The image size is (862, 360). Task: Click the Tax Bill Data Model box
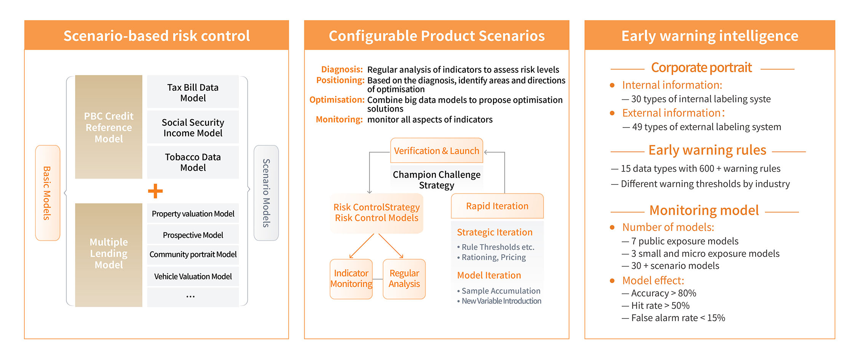pos(193,92)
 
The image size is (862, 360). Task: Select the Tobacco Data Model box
pos(193,162)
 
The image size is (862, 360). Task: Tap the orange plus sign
pos(155,191)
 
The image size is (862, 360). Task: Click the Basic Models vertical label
pos(48,193)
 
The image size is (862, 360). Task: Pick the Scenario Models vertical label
pos(266,193)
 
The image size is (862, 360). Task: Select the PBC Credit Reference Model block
pos(109,127)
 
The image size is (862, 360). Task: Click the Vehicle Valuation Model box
pos(193,277)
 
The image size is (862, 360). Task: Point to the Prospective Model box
pos(193,235)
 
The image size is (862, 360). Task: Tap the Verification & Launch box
pos(436,151)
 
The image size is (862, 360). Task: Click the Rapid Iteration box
pos(497,206)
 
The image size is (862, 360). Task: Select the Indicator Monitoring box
pos(351,279)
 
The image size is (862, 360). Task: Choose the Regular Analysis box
pos(404,279)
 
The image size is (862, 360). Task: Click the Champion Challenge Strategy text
pos(436,180)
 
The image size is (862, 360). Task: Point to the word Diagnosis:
pos(342,69)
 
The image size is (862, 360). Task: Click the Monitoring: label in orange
pos(339,120)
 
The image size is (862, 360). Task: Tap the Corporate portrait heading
pos(701,68)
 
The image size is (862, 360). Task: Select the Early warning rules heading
pos(707,150)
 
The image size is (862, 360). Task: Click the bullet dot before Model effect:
pos(612,281)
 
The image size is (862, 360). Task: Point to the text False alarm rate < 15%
pos(678,318)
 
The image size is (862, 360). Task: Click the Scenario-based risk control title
pos(156,36)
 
